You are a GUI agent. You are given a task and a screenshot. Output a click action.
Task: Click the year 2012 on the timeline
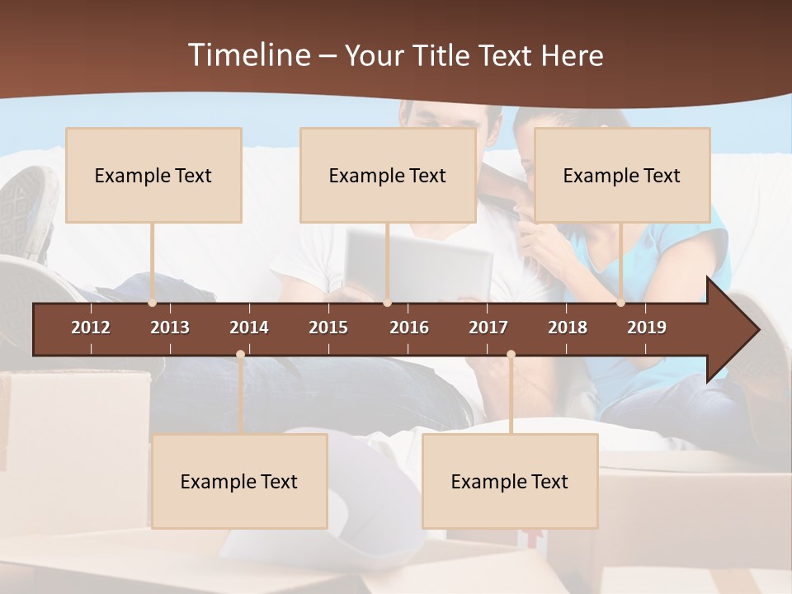[91, 328]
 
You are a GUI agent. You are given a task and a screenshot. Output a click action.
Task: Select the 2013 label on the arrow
[170, 328]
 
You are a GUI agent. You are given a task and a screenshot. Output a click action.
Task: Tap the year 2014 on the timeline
[249, 328]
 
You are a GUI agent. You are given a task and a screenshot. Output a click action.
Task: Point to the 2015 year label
[328, 328]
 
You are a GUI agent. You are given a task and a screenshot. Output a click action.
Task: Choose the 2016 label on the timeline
[409, 328]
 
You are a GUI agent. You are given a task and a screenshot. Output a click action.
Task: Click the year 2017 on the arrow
[488, 328]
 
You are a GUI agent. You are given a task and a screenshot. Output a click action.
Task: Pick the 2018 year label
[568, 328]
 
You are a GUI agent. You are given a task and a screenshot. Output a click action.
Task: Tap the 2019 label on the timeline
[647, 328]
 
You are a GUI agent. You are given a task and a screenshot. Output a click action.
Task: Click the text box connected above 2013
[153, 175]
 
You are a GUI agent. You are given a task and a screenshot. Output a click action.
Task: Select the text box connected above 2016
[388, 175]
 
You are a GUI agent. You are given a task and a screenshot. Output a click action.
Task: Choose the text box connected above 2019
[622, 175]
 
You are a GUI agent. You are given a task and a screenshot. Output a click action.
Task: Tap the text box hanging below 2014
[239, 481]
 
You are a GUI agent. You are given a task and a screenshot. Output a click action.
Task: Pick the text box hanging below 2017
[510, 481]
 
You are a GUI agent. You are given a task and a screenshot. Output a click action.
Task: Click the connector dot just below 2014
[240, 355]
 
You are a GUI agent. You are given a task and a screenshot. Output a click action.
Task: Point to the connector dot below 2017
[511, 355]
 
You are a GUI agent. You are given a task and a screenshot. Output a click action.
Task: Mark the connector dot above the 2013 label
[152, 303]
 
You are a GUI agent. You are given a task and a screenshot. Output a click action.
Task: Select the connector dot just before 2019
[620, 303]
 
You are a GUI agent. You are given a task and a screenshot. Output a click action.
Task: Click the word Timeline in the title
[248, 55]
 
